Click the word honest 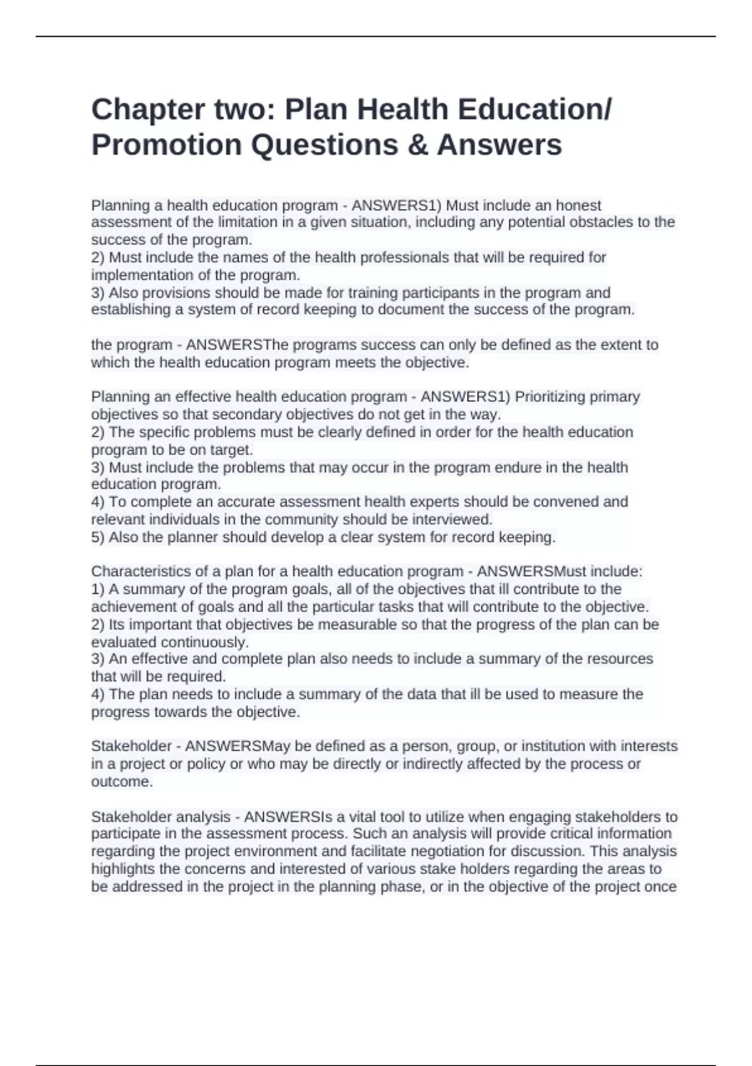(x=578, y=206)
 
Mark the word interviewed (x=449, y=520)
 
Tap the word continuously (x=205, y=643)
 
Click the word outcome (x=122, y=782)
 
